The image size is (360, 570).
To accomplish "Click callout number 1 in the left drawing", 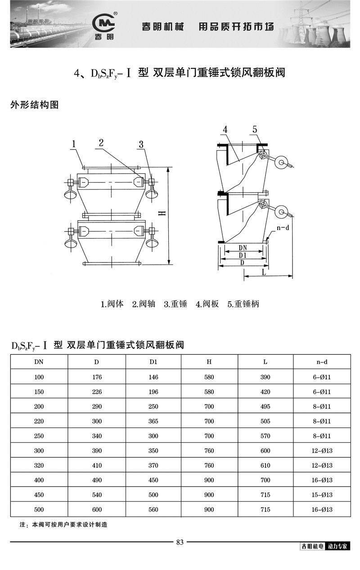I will point(74,144).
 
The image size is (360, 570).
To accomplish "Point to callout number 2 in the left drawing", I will point(101,143).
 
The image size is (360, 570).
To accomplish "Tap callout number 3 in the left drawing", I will point(141,145).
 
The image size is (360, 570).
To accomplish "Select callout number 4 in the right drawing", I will point(225,130).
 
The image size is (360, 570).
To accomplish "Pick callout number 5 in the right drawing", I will point(255,130).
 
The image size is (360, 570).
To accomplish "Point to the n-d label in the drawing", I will point(283,228).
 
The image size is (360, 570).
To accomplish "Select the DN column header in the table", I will point(39,362).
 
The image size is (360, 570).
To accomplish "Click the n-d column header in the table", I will point(322,362).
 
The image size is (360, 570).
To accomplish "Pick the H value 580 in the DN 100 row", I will point(209,377).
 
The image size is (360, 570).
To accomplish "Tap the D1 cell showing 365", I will point(153,421).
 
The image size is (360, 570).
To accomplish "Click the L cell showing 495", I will point(265,407).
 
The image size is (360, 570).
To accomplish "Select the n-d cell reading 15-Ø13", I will point(322,495).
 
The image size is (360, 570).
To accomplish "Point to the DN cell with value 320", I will point(39,466).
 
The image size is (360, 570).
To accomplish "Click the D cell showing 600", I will point(97,510).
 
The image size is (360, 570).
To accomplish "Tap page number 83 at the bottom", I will point(180,542).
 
